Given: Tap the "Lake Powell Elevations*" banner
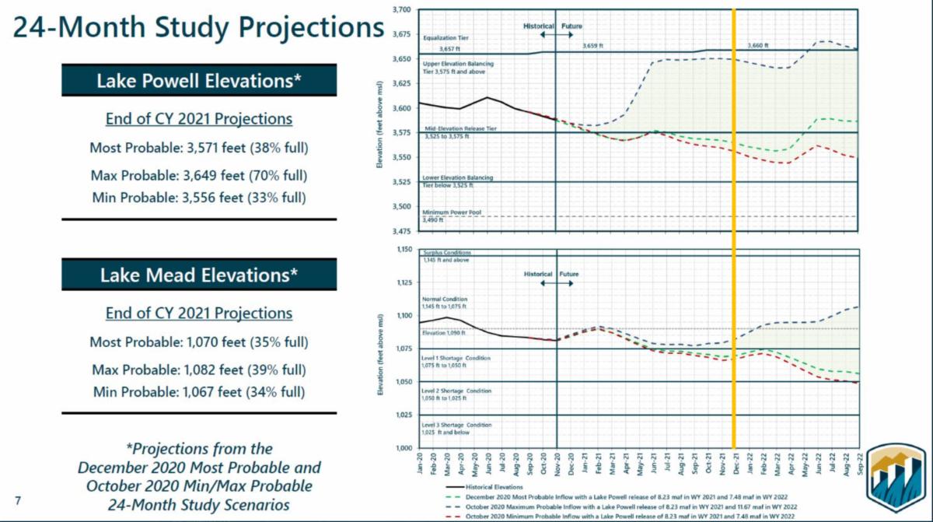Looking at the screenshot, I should pyautogui.click(x=199, y=81).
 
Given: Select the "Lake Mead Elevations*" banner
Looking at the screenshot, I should pyautogui.click(x=199, y=275).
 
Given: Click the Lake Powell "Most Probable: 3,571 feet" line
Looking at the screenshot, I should pyautogui.click(x=199, y=148).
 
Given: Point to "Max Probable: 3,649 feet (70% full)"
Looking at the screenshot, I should pyautogui.click(x=199, y=173).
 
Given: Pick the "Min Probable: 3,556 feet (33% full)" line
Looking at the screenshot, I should pyautogui.click(x=199, y=198).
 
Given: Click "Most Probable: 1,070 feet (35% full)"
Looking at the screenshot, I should pyautogui.click(x=199, y=342).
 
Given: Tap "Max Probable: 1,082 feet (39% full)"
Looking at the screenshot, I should pyautogui.click(x=199, y=368).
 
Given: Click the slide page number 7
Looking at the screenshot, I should pyautogui.click(x=18, y=498).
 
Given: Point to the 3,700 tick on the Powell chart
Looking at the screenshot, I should pyautogui.click(x=400, y=9).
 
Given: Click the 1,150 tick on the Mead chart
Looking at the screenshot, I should pyautogui.click(x=400, y=250).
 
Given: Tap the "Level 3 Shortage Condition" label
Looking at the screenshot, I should pyautogui.click(x=457, y=425).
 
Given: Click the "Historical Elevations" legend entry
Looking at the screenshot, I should pyautogui.click(x=490, y=486).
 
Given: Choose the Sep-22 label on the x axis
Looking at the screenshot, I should pyautogui.click(x=858, y=464).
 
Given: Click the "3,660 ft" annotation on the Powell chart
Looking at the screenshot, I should pyautogui.click(x=757, y=46).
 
